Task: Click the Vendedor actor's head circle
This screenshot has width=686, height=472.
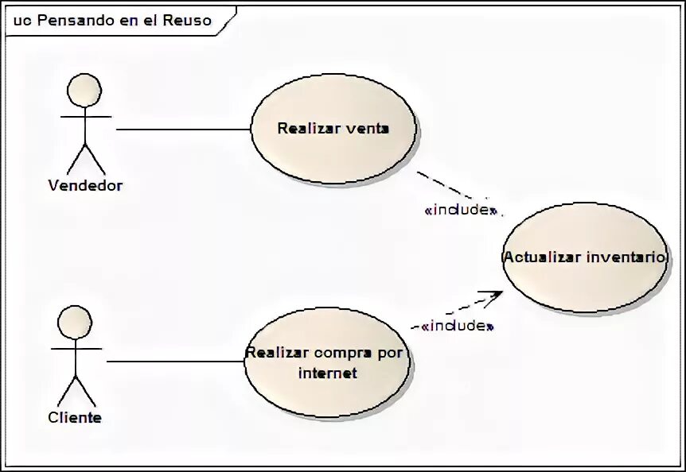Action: [x=84, y=91]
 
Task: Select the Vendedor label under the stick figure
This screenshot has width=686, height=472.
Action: [x=85, y=186]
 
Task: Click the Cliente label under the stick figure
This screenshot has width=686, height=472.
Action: [x=75, y=417]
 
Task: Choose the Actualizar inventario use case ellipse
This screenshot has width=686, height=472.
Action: [x=585, y=278]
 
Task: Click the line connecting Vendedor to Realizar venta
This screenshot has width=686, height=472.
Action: [x=183, y=129]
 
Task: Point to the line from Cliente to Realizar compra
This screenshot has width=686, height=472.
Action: [x=175, y=362]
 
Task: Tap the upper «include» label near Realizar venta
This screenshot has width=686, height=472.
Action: [x=461, y=211]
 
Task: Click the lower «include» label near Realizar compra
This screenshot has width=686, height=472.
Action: [x=458, y=326]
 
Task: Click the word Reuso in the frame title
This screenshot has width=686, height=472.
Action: [x=188, y=21]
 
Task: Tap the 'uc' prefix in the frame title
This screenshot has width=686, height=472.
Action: [x=22, y=21]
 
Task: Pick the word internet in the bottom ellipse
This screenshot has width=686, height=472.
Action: [x=327, y=373]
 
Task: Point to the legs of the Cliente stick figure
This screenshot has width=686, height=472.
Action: [x=76, y=389]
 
